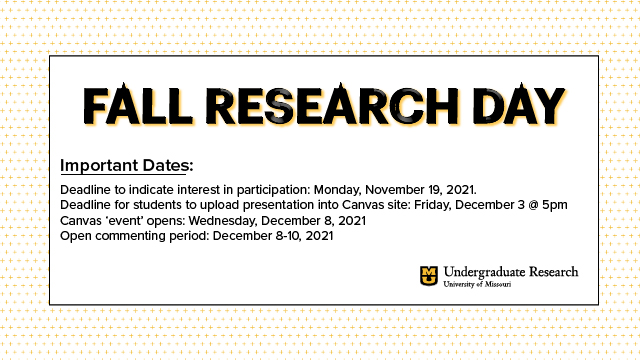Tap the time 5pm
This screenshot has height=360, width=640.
click(554, 205)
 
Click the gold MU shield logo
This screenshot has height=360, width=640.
click(429, 275)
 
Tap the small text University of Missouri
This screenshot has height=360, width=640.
click(478, 285)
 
